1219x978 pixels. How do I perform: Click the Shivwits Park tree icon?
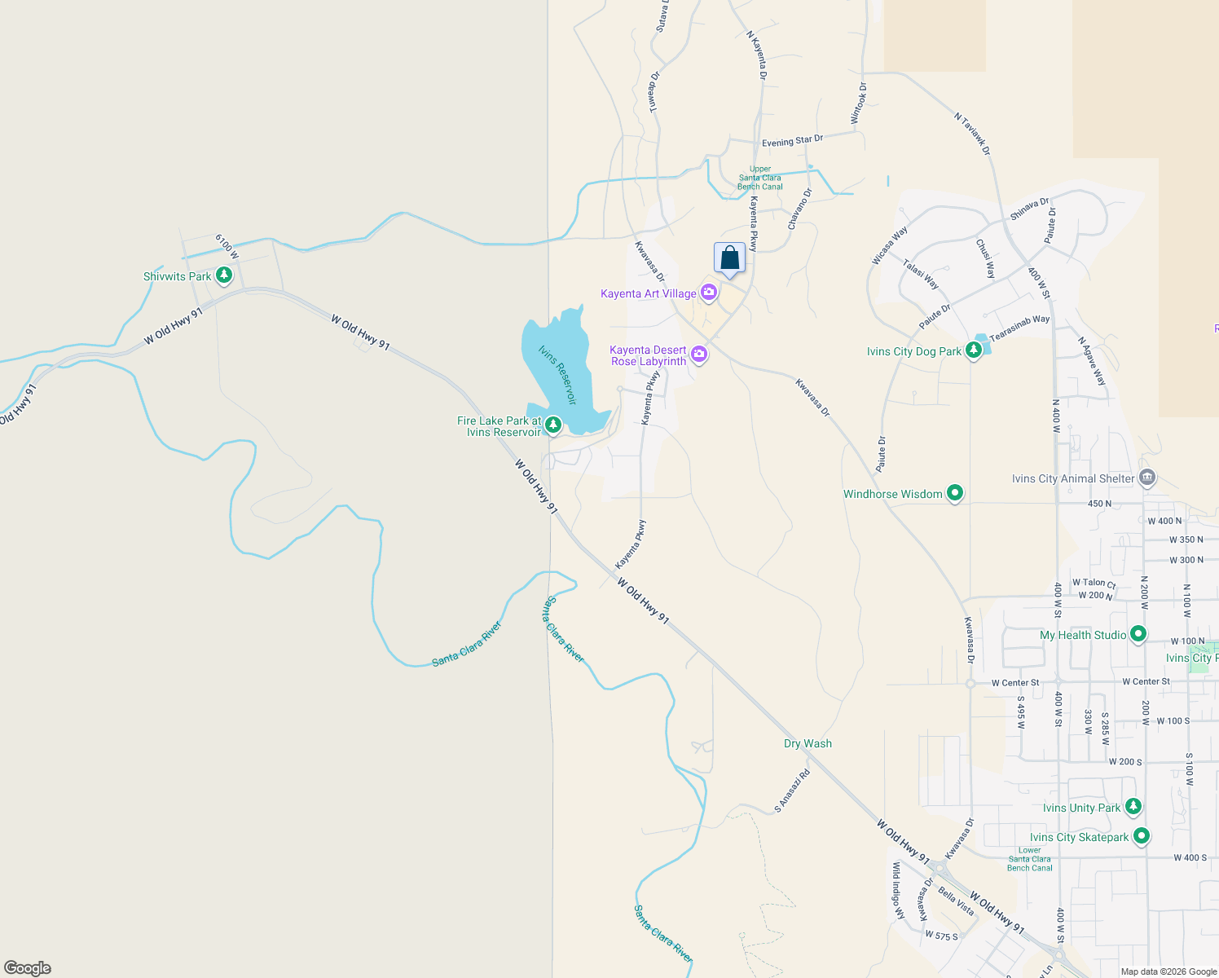tap(224, 275)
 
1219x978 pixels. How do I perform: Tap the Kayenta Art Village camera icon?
tap(708, 292)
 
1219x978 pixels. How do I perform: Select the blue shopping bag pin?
tap(729, 258)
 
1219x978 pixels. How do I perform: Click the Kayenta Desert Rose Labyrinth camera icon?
tap(698, 354)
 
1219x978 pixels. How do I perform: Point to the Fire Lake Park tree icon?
tap(553, 425)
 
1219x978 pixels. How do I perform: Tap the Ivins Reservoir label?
tap(557, 375)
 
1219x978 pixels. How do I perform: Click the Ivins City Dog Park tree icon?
tap(973, 350)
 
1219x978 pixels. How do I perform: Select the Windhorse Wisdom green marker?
tap(955, 493)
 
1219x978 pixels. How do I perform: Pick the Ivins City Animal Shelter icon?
tap(1147, 478)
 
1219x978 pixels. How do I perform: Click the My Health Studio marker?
tap(1138, 634)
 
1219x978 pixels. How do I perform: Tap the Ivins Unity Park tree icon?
tap(1133, 807)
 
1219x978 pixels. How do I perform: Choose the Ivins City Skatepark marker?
tap(1142, 836)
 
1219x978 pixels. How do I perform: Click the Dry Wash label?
tap(808, 743)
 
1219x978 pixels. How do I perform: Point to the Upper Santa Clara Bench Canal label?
tap(759, 178)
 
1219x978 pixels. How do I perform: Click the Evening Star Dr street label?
tap(792, 141)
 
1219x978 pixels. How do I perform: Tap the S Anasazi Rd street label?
tap(792, 791)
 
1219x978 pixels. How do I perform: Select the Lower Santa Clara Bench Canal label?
tap(1030, 859)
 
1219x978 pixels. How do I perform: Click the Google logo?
tap(28, 967)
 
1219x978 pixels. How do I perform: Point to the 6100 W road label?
tap(227, 246)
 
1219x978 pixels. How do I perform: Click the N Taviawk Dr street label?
tap(972, 134)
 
